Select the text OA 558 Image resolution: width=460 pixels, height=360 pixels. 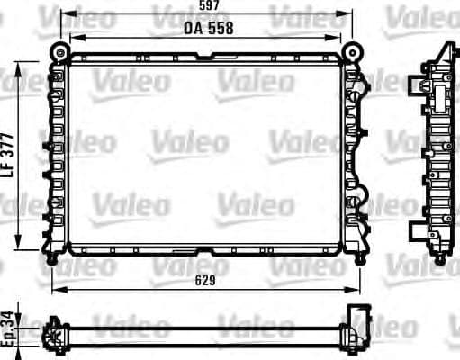(x=208, y=28)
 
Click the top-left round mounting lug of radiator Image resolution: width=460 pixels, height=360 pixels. (x=59, y=49)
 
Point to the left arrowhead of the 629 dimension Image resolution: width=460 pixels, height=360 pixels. (x=55, y=291)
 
